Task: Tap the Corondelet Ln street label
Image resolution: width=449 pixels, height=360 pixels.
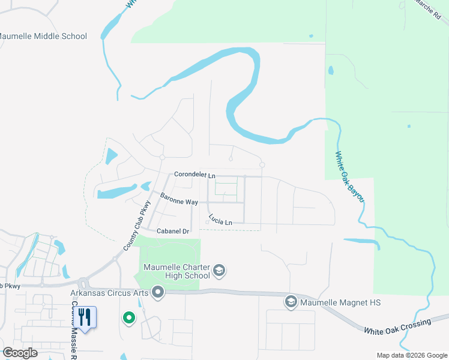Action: (194, 175)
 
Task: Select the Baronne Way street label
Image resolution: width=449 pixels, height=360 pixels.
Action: (179, 199)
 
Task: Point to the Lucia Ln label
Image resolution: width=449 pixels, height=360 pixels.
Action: (220, 220)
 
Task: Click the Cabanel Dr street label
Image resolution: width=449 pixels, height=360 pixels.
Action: (173, 231)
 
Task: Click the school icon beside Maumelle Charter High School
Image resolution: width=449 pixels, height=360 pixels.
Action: (219, 270)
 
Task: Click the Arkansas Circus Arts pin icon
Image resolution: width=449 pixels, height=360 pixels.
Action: (158, 292)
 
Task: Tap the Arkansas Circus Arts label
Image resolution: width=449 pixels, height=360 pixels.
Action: (109, 293)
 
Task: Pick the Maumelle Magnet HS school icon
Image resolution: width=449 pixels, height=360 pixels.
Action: (291, 302)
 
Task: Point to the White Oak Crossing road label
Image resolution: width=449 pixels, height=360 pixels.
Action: (397, 326)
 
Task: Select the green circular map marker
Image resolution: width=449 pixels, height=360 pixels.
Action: (128, 317)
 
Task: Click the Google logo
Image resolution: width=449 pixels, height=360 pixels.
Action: (20, 353)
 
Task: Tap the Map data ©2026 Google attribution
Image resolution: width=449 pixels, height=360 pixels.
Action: (412, 355)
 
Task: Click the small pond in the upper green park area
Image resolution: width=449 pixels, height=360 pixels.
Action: (331, 71)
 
